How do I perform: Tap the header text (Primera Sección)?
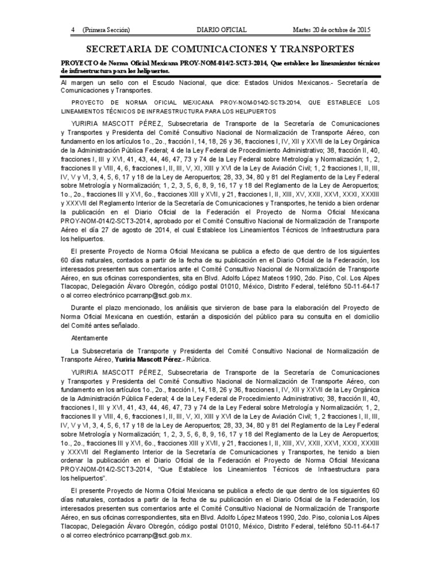click(x=106, y=29)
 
